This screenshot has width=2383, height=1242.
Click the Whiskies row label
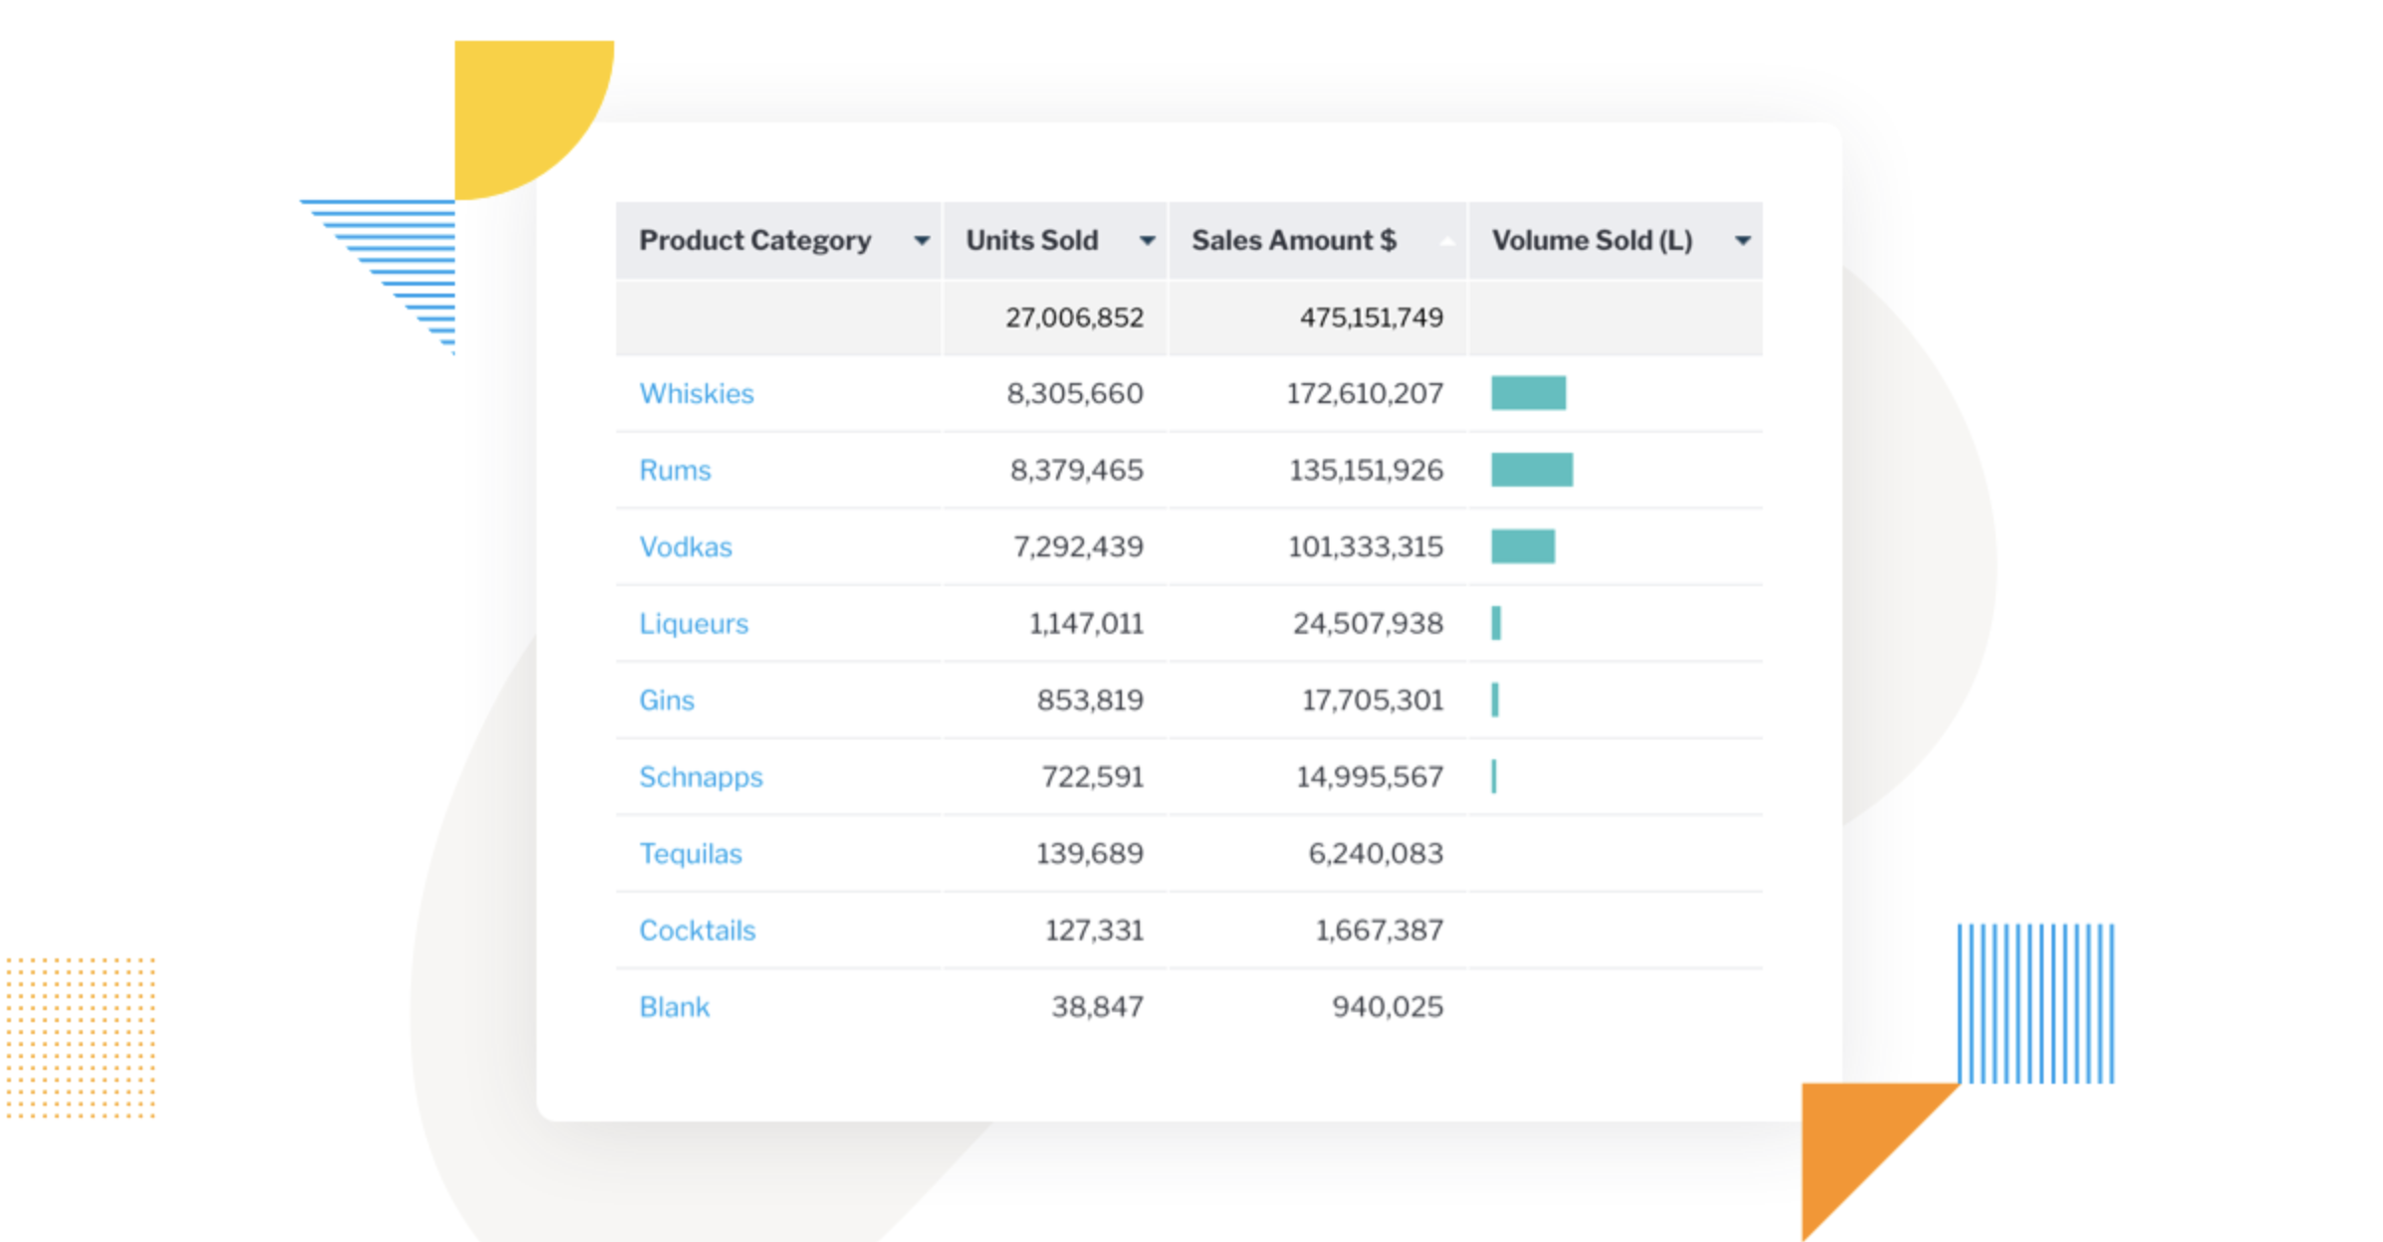(x=696, y=393)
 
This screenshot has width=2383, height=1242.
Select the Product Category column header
(x=755, y=240)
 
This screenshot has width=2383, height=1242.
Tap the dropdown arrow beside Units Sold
(x=1147, y=241)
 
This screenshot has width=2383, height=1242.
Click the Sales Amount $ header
(x=1293, y=240)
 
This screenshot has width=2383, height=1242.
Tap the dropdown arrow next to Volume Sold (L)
(x=1742, y=241)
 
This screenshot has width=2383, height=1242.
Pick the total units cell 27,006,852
(x=1074, y=317)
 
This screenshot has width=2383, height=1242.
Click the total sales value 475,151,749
(x=1371, y=317)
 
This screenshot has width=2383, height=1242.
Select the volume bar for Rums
(x=1531, y=470)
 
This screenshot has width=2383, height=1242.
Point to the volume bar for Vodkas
(x=1522, y=546)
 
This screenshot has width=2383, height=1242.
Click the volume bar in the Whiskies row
(x=1528, y=393)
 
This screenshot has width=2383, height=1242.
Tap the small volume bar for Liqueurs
(x=1496, y=623)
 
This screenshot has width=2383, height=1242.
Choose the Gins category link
(x=666, y=700)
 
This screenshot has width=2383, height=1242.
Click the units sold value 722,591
(x=1092, y=776)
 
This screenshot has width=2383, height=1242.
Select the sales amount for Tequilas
(x=1375, y=853)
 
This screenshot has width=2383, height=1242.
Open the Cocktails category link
(x=697, y=930)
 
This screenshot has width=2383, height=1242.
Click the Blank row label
(x=674, y=1006)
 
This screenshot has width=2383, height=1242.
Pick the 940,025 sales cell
(x=1387, y=1006)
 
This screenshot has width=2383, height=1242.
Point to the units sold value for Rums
(x=1076, y=470)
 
